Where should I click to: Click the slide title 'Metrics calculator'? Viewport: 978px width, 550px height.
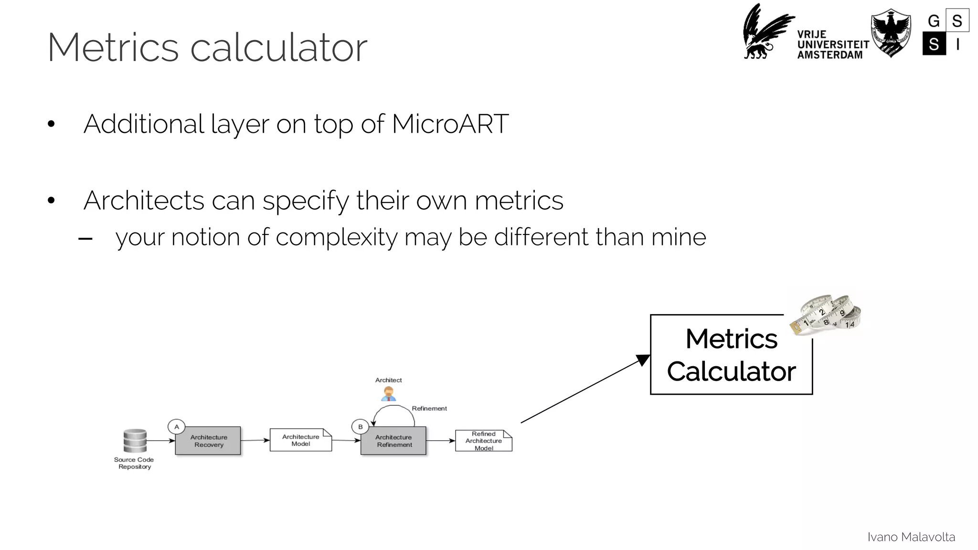207,47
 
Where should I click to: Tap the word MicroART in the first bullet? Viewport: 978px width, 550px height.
450,124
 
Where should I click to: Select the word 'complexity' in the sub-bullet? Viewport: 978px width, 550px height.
336,237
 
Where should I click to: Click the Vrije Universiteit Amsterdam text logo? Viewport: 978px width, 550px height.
832,45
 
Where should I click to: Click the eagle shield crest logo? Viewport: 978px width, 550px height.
890,32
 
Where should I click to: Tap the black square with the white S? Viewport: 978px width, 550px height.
934,44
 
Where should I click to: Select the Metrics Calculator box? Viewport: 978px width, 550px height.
731,355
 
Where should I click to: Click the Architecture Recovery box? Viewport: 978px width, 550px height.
208,441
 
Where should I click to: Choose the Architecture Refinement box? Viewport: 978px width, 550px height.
393,441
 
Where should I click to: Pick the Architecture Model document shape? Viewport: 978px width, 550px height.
300,440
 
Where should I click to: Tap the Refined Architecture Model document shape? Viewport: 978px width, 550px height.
483,441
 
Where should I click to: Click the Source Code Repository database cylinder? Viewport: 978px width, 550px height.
135,441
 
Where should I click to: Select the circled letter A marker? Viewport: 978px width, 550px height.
177,427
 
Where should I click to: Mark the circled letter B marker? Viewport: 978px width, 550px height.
360,427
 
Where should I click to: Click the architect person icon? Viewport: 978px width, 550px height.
389,394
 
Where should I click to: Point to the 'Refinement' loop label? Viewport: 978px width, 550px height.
429,409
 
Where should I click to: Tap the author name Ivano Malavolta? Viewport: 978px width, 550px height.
911,537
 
